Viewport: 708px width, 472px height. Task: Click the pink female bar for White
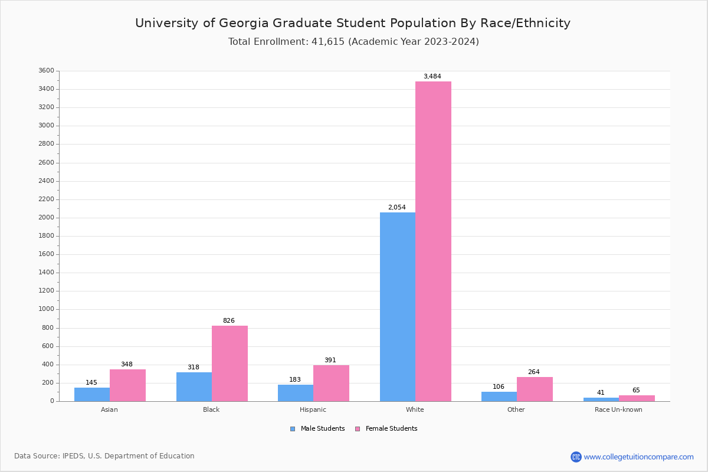[433, 241]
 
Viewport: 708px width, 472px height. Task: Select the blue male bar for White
[397, 307]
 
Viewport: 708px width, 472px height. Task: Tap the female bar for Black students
[230, 363]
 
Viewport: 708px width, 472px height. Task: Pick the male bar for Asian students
[92, 394]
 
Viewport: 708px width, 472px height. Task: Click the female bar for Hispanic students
[331, 383]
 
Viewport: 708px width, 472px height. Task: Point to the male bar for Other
[499, 396]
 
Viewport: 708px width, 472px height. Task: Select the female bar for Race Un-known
[637, 398]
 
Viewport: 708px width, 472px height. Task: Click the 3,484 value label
[432, 77]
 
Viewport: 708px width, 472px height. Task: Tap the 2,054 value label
[396, 208]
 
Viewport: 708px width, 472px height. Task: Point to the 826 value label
[228, 321]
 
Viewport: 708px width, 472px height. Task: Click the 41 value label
[601, 393]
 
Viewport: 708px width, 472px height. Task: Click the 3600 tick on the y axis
[45, 71]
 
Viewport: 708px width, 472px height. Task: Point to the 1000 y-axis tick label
[45, 309]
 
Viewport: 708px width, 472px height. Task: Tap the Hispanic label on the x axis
[313, 409]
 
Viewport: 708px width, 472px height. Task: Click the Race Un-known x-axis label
[618, 409]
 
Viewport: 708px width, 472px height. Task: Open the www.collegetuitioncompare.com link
[638, 457]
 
